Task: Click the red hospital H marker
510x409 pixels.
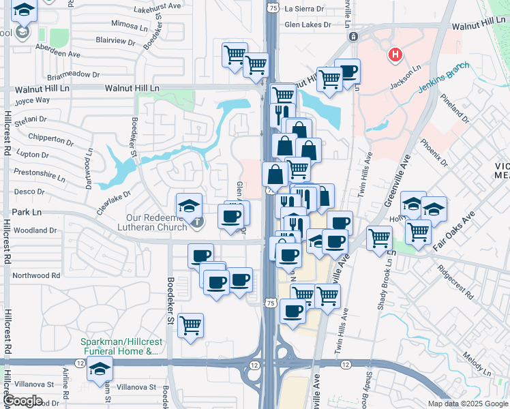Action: [x=394, y=55]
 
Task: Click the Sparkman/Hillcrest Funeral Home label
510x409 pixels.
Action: [x=119, y=346]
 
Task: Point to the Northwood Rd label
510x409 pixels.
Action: [x=36, y=275]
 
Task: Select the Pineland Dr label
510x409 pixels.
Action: [x=455, y=108]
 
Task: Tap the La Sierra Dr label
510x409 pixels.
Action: [x=304, y=10]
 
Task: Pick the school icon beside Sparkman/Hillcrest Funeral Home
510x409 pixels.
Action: [x=100, y=368]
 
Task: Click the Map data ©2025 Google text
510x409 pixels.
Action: [x=467, y=404]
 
